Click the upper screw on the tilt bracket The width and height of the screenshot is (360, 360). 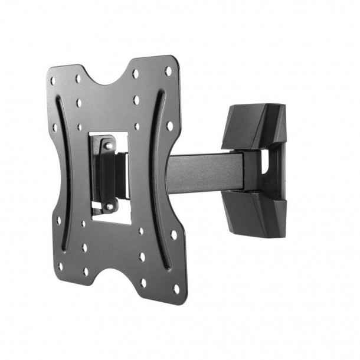pyautogui.click(x=106, y=143)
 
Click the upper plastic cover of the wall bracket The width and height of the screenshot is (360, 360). pyautogui.click(x=254, y=126)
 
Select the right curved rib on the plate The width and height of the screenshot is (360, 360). pyautogui.click(x=155, y=165)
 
